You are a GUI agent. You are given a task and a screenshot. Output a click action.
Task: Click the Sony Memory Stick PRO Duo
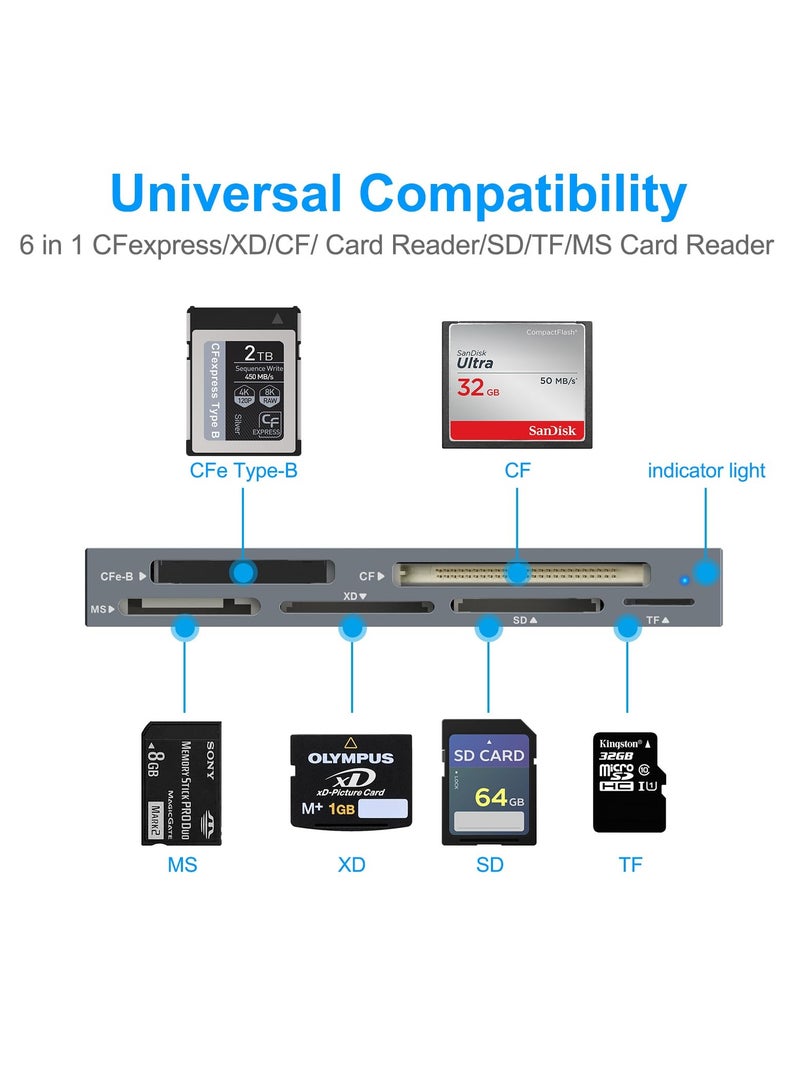(x=181, y=782)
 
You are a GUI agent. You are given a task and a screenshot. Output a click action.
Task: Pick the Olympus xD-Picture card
(x=351, y=782)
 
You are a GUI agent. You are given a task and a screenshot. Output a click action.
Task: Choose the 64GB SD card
(x=489, y=782)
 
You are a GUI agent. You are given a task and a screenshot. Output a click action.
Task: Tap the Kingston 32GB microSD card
(x=630, y=782)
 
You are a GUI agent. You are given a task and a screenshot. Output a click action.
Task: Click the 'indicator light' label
(x=706, y=470)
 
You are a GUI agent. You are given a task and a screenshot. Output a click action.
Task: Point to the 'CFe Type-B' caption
(x=244, y=470)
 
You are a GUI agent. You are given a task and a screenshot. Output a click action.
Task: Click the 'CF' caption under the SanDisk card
(x=518, y=470)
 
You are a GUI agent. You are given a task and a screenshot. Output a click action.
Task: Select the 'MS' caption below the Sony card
(x=182, y=864)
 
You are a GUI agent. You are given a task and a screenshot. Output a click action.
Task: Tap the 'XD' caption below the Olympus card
(x=351, y=864)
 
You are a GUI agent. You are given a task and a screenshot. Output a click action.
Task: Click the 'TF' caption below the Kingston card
(x=630, y=864)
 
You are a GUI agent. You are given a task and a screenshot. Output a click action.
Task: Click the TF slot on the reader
(x=659, y=603)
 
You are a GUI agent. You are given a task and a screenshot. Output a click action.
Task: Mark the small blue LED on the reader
(x=684, y=579)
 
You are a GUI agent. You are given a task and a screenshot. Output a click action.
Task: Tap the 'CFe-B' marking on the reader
(x=118, y=577)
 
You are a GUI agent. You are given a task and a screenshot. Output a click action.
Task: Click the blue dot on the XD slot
(x=352, y=628)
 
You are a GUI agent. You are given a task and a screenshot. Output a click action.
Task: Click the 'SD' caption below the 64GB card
(x=490, y=864)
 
